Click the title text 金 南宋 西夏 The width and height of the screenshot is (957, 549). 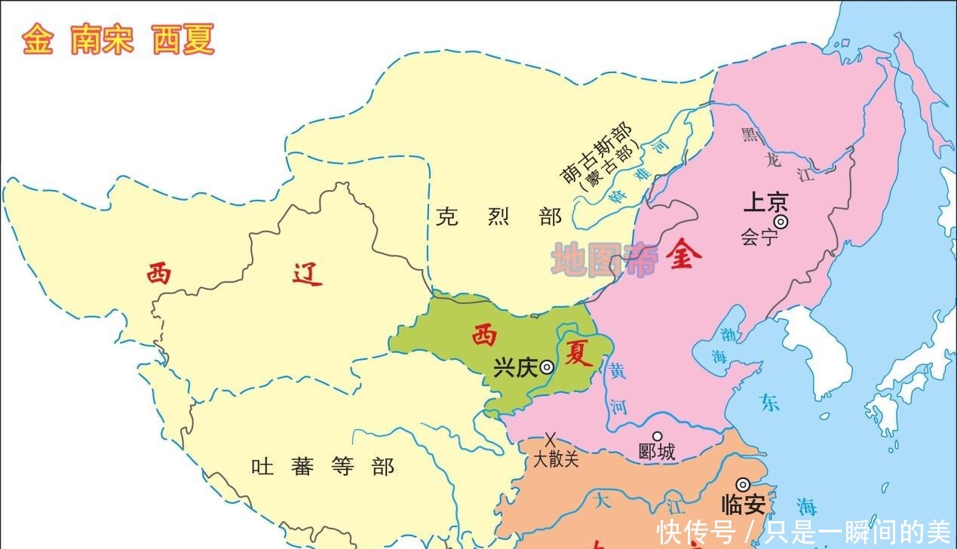(118, 39)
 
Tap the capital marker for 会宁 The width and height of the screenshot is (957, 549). (781, 221)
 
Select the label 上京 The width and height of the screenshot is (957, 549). (765, 202)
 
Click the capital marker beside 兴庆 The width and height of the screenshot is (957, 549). (546, 367)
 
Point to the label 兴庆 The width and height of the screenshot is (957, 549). (515, 368)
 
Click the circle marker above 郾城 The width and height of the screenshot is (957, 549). (657, 436)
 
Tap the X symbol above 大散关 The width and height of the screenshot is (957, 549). (551, 438)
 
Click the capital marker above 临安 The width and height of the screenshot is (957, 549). (744, 484)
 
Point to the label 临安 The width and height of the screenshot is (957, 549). (744, 505)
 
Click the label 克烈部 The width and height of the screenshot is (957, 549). (498, 217)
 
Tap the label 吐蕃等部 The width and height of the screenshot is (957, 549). (323, 467)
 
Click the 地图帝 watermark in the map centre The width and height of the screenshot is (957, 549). (604, 260)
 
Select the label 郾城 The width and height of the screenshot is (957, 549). (657, 452)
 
